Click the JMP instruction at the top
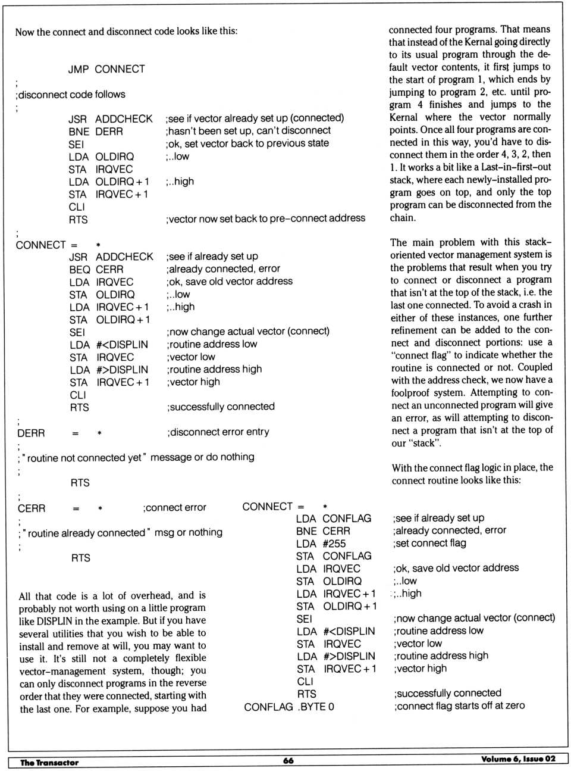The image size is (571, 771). click(78, 69)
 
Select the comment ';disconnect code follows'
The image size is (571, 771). click(71, 94)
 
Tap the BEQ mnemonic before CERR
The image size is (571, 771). click(80, 269)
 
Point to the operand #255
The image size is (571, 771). click(334, 544)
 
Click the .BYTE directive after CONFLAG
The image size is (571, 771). click(316, 707)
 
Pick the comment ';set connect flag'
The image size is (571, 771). click(429, 543)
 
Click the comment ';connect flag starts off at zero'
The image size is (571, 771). click(459, 706)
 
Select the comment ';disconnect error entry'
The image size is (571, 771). click(218, 432)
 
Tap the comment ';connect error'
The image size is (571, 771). click(174, 508)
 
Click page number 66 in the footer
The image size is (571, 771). click(288, 760)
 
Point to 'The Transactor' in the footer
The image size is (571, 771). click(49, 762)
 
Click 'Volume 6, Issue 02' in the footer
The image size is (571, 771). click(518, 758)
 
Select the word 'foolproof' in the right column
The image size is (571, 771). click(412, 393)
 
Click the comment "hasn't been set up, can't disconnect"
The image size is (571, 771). click(248, 130)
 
